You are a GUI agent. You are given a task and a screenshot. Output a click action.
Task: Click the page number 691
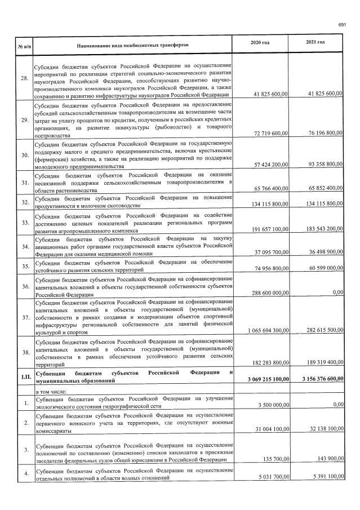click(341, 25)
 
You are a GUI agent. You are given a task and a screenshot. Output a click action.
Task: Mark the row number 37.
click(24, 317)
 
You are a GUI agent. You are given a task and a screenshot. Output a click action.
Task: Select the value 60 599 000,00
click(322, 268)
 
